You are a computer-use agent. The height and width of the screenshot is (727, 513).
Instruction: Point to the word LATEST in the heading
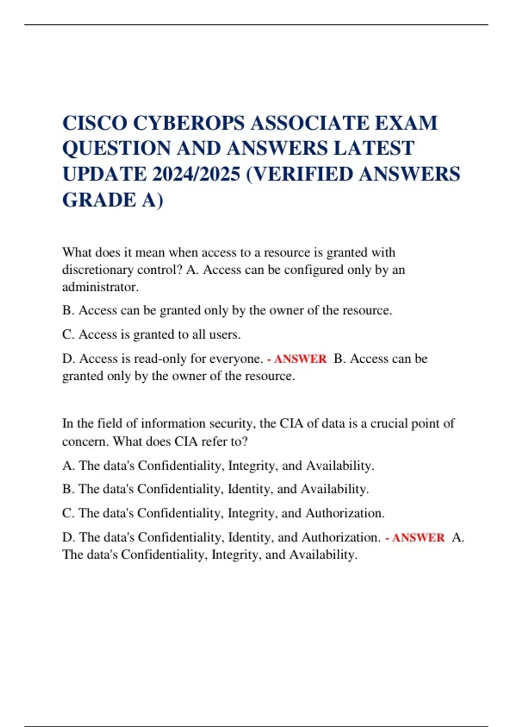[374, 148]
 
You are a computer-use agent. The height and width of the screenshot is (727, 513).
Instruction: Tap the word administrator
[100, 287]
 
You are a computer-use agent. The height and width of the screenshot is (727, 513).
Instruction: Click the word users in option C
[224, 334]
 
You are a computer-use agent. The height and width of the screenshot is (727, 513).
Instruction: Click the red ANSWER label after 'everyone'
[300, 359]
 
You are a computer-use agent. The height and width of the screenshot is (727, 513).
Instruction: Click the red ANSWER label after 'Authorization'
[418, 538]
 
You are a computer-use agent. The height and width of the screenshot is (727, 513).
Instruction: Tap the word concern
[85, 441]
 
